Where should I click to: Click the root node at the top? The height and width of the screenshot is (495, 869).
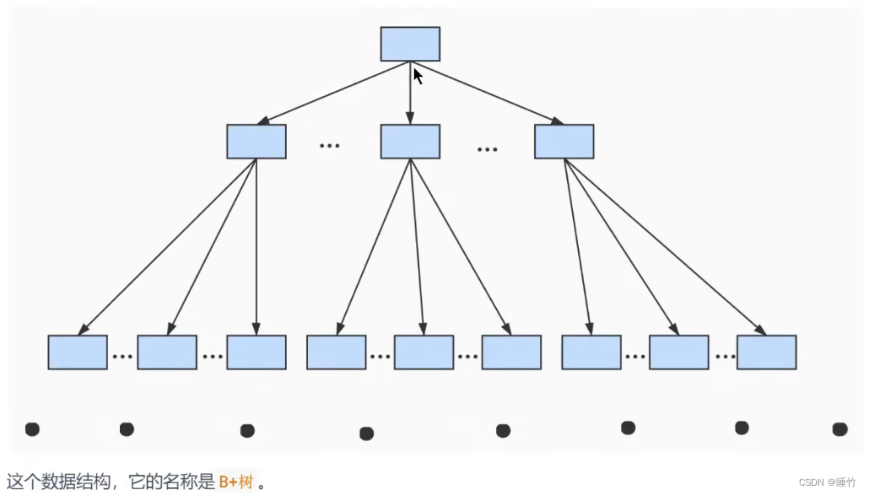(410, 44)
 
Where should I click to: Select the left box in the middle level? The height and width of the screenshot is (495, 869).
(256, 142)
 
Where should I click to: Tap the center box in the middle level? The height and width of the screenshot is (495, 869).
(410, 142)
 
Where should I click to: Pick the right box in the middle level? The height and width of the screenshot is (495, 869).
(564, 142)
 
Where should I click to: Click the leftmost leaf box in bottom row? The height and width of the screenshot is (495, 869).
(78, 352)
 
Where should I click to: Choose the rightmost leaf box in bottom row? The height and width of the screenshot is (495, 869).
(766, 352)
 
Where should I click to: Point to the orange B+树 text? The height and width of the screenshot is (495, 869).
(235, 482)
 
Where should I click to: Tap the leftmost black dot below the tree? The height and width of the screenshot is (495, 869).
(32, 429)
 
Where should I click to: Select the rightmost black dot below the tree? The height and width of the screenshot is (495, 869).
(839, 429)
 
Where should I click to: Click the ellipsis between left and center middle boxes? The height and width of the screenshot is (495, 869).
(329, 146)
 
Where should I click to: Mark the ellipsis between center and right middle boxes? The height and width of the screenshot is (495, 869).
(487, 149)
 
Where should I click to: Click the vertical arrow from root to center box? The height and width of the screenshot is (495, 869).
(410, 93)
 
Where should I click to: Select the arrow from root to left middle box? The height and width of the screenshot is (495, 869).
(333, 93)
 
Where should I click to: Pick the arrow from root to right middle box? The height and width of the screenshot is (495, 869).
(487, 93)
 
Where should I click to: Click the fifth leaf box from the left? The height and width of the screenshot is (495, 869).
(424, 352)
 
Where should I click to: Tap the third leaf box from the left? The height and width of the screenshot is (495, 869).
(256, 352)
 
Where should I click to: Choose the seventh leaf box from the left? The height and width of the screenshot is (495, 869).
(591, 352)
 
